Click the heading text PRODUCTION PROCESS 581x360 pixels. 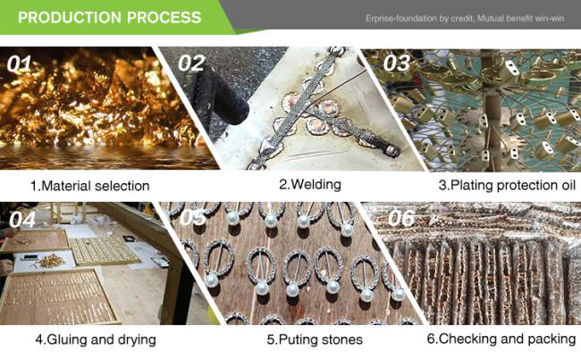[x=110, y=17]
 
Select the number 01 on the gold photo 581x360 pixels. [x=19, y=63]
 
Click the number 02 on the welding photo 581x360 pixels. [x=191, y=63]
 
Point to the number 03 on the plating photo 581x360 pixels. [x=397, y=63]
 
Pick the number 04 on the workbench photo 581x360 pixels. [x=22, y=219]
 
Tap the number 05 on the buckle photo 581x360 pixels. [x=193, y=217]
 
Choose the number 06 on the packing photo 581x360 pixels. [x=401, y=218]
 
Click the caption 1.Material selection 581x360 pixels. [x=90, y=186]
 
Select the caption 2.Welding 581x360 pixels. [x=310, y=184]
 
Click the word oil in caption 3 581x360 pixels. [x=568, y=185]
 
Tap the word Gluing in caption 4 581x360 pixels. [x=66, y=339]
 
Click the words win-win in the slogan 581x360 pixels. [x=550, y=18]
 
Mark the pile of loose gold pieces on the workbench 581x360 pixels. [x=51, y=261]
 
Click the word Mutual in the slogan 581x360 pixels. [x=490, y=18]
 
